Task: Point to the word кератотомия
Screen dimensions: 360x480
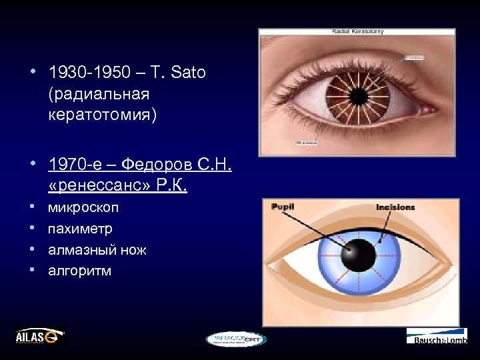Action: pyautogui.click(x=103, y=115)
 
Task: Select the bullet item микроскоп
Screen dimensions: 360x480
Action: pyautogui.click(x=83, y=207)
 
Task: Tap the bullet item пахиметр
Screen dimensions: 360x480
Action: pyautogui.click(x=80, y=229)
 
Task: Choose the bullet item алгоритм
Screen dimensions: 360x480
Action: pyautogui.click(x=79, y=271)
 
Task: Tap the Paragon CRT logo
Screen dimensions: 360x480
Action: pyautogui.click(x=235, y=339)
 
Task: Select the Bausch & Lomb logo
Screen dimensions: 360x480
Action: pyautogui.click(x=437, y=336)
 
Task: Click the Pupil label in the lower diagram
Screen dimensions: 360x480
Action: pyautogui.click(x=283, y=207)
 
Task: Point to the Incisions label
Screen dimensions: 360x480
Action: pyautogui.click(x=395, y=207)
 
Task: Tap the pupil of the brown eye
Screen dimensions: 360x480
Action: pyautogui.click(x=358, y=96)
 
